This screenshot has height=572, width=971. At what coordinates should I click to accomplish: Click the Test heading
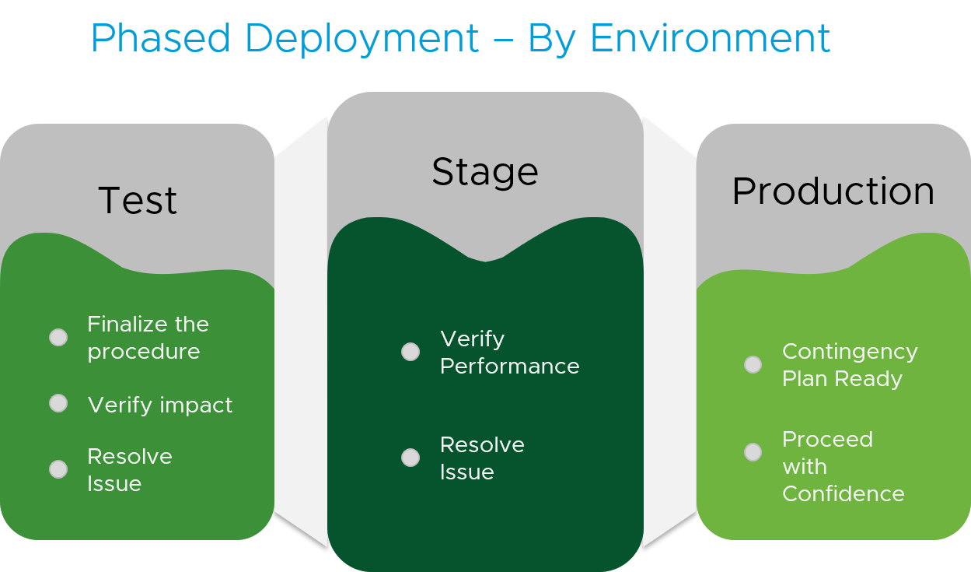click(138, 201)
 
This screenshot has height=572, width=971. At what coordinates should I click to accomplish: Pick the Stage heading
click(484, 172)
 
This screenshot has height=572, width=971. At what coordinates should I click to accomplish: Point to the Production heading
click(833, 191)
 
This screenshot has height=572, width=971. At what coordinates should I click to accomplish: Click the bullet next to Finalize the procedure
click(58, 337)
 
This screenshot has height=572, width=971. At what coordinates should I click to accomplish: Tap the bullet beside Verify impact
click(58, 403)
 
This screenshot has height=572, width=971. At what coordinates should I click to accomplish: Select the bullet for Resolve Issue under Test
click(58, 469)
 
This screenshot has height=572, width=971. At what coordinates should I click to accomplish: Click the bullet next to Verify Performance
click(410, 352)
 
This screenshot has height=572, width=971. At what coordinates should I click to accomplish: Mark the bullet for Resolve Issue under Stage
click(410, 458)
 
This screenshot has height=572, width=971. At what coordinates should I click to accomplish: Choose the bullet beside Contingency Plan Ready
click(753, 364)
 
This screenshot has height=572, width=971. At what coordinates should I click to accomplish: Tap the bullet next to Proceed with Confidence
click(753, 452)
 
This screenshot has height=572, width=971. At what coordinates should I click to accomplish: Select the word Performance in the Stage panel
click(509, 367)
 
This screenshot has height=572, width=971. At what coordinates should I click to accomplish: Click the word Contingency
click(850, 352)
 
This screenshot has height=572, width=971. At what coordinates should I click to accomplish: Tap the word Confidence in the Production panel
click(843, 494)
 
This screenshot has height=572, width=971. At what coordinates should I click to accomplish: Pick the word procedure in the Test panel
click(143, 352)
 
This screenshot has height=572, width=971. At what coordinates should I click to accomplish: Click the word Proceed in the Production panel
click(827, 440)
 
